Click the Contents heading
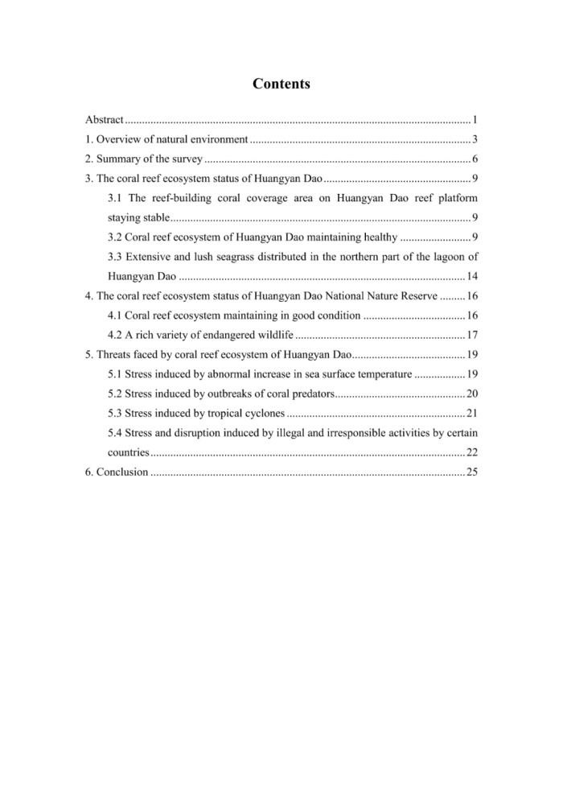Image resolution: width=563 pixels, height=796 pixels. tap(281, 84)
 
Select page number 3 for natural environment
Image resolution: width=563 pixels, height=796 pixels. tap(476, 139)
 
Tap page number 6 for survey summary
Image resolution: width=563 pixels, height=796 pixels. tap(476, 159)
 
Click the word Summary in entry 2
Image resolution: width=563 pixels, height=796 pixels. tap(117, 159)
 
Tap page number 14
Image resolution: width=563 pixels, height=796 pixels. tap(473, 276)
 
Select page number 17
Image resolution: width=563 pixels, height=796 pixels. tap(473, 334)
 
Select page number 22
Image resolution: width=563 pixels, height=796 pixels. tap(473, 452)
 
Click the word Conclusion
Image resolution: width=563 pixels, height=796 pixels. tap(122, 472)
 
